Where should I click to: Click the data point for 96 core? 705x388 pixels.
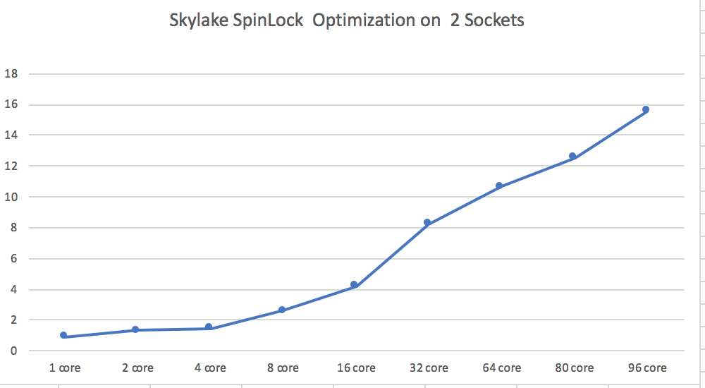[645, 109]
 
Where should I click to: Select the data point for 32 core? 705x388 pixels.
[427, 222]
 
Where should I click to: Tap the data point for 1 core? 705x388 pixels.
[63, 335]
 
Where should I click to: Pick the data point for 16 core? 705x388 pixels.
[354, 284]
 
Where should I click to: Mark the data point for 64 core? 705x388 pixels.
[499, 186]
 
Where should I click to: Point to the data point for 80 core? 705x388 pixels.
[572, 156]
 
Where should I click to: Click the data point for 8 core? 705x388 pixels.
[281, 310]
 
